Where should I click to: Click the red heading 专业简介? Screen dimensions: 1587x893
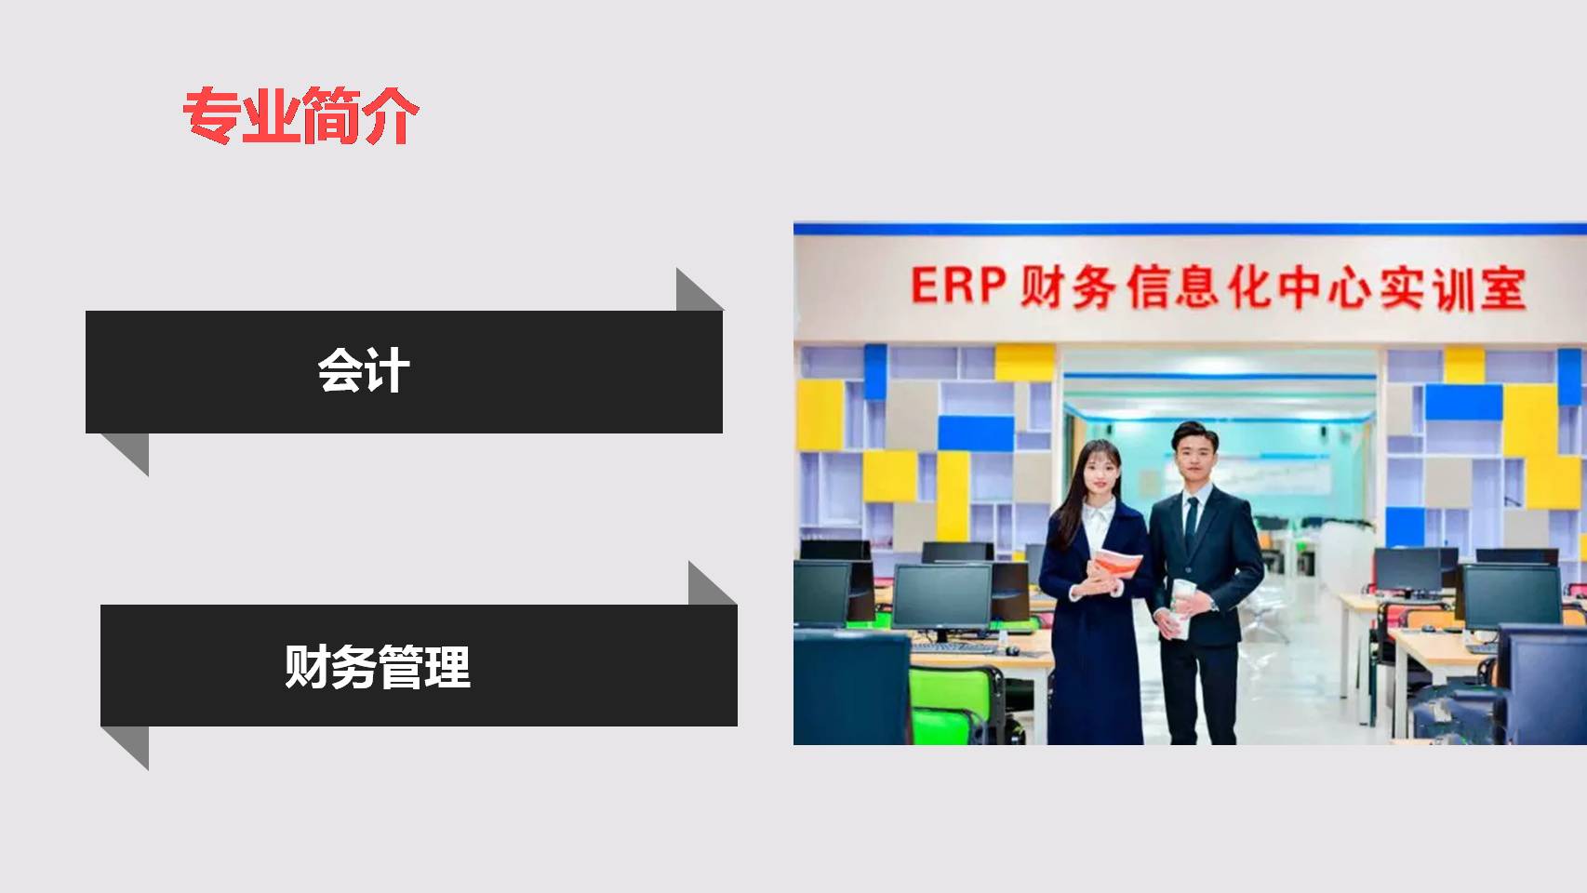coord(301,115)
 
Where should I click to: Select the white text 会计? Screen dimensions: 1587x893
coord(364,370)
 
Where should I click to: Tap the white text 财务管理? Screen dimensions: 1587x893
coord(378,666)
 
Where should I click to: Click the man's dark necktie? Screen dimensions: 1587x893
coord(1191,525)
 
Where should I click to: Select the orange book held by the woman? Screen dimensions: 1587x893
coord(1115,564)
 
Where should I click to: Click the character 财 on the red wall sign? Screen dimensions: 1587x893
coord(1042,287)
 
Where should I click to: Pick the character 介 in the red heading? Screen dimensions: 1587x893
coord(391,116)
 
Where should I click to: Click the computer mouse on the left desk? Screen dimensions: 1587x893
coord(1012,651)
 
